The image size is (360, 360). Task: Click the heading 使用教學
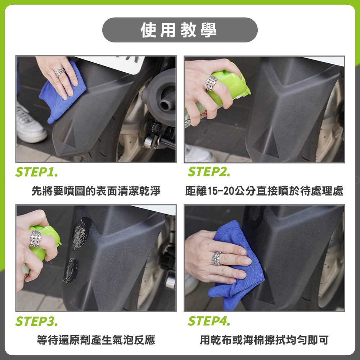[179, 30]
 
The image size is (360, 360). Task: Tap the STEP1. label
[36, 172]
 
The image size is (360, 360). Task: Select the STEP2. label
[209, 172]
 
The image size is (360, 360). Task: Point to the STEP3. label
[36, 321]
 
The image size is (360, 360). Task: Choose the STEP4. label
[209, 321]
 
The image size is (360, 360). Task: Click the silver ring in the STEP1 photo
[60, 72]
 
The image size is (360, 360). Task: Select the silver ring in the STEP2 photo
[211, 83]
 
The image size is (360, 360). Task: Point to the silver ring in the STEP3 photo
[35, 238]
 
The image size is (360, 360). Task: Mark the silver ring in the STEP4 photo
[217, 259]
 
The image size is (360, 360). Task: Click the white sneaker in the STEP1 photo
[30, 124]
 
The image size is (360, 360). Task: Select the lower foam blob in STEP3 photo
[71, 271]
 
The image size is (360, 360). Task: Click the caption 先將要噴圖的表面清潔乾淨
[96, 191]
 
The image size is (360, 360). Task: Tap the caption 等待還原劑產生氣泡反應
[96, 340]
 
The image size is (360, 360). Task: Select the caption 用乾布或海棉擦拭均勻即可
[264, 340]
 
